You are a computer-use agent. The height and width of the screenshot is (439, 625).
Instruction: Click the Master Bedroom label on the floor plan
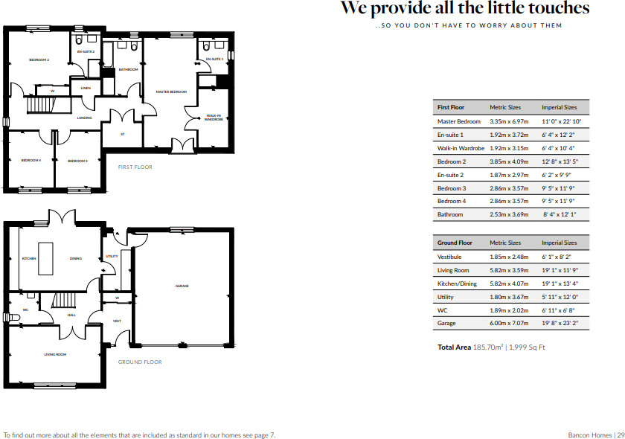[x=170, y=92]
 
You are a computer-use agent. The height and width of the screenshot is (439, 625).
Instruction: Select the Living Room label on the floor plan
[x=55, y=354]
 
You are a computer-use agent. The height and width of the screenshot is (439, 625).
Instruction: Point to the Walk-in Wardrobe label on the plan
[x=214, y=118]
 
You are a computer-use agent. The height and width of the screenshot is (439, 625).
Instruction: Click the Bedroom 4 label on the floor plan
[x=31, y=161]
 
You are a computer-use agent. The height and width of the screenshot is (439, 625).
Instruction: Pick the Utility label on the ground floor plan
[x=112, y=256]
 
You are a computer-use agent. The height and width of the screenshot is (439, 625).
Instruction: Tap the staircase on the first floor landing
[x=38, y=106]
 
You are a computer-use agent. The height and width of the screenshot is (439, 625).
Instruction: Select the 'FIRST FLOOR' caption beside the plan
[x=135, y=167]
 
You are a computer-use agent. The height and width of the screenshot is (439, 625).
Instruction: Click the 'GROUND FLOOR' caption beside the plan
[x=140, y=362]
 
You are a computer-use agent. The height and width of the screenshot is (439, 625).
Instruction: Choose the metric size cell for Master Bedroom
[x=509, y=121]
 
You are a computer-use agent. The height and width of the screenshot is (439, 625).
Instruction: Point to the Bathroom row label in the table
[x=450, y=215]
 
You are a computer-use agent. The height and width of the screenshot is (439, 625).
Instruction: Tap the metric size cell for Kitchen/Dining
[x=509, y=283]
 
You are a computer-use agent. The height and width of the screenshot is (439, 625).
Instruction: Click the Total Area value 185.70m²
[x=489, y=347]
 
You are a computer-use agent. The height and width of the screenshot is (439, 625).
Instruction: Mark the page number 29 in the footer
[x=619, y=435]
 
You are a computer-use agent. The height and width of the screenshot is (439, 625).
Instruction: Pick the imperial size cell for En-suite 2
[x=557, y=175]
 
